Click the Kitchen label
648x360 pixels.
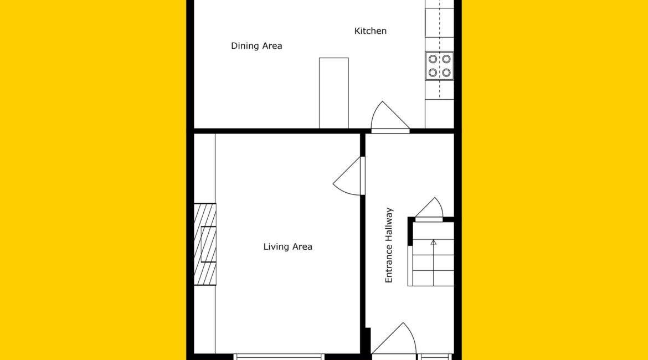click(x=371, y=31)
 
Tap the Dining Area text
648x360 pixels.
click(x=256, y=46)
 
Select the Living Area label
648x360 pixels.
click(x=287, y=247)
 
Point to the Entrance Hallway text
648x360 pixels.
click(x=389, y=245)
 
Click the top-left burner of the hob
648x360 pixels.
click(x=433, y=59)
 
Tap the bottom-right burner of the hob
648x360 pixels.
click(x=446, y=73)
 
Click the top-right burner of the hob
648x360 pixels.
click(x=446, y=59)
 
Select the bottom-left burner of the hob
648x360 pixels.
click(x=433, y=73)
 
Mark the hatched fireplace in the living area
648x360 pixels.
click(x=205, y=244)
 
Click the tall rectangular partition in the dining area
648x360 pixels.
click(x=333, y=93)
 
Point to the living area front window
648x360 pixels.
click(x=278, y=357)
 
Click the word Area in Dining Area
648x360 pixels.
click(x=271, y=46)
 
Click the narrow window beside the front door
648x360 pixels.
click(x=434, y=357)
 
